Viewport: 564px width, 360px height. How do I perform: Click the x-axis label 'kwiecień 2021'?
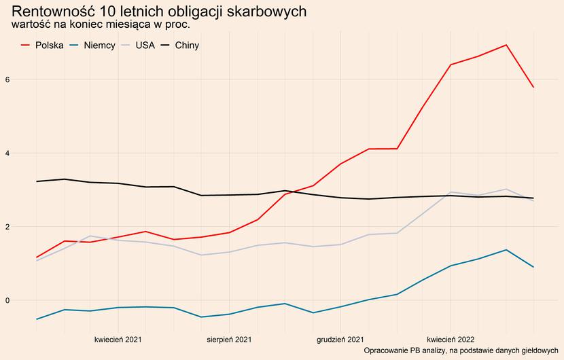tap(118, 338)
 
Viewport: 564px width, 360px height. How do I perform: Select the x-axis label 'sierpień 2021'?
tap(229, 338)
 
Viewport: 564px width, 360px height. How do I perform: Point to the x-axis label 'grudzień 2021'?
tap(340, 338)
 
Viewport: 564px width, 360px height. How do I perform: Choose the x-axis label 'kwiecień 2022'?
tap(451, 338)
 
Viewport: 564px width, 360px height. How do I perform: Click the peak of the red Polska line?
tap(506, 45)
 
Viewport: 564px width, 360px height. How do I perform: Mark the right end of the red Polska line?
tap(533, 87)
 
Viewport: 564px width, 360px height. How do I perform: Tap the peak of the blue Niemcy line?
tap(506, 250)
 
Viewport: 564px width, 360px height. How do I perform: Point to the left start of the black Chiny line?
tap(37, 181)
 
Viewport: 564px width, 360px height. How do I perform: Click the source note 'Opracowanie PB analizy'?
tap(461, 350)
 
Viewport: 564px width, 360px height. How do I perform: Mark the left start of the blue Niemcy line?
tap(37, 319)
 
